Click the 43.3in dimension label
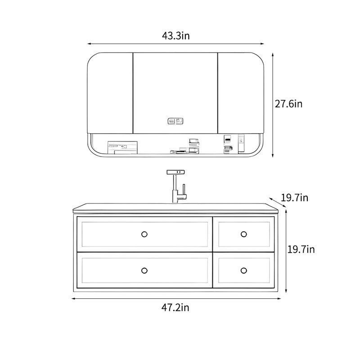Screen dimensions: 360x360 click(x=176, y=36)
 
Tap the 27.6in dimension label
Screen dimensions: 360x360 click(x=288, y=104)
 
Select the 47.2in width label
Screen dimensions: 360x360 click(x=175, y=307)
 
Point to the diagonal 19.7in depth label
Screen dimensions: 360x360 click(x=295, y=198)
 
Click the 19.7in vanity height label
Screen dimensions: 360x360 click(x=301, y=249)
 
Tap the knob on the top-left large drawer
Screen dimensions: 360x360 click(x=144, y=234)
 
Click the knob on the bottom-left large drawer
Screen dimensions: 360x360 click(x=144, y=271)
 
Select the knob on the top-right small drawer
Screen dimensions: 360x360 click(x=243, y=234)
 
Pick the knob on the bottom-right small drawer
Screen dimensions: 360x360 click(x=243, y=271)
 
